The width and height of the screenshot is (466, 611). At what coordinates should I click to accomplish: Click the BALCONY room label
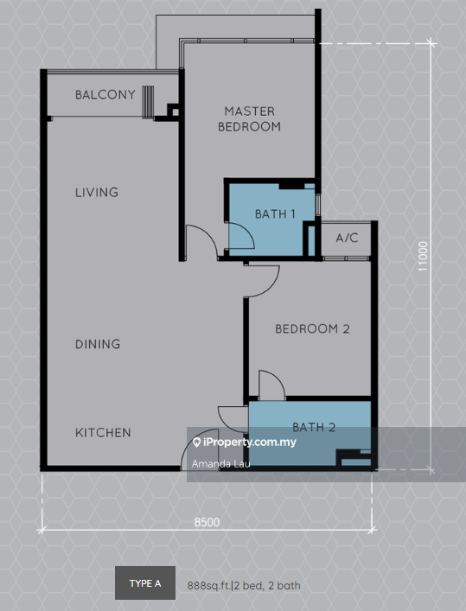tap(105, 94)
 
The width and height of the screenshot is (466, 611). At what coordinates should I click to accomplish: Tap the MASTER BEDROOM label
tap(249, 118)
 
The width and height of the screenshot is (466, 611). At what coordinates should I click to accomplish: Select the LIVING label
tap(96, 192)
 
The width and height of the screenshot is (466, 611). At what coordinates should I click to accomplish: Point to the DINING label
tap(97, 344)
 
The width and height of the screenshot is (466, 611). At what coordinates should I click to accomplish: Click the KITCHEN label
tap(102, 432)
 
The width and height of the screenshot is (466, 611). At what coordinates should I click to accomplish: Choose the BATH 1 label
tap(275, 213)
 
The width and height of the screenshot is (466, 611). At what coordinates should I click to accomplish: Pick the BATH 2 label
tap(313, 427)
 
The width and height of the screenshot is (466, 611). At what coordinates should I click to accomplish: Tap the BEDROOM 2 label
tap(312, 328)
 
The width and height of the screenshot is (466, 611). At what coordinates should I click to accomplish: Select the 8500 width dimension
tap(206, 521)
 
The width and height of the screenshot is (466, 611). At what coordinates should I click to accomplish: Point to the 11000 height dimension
tap(422, 257)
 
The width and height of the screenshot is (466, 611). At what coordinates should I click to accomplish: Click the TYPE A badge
tap(145, 583)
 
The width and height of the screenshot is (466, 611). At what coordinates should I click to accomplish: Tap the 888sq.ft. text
tap(208, 585)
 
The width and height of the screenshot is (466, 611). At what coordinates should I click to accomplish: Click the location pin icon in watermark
tap(197, 442)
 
